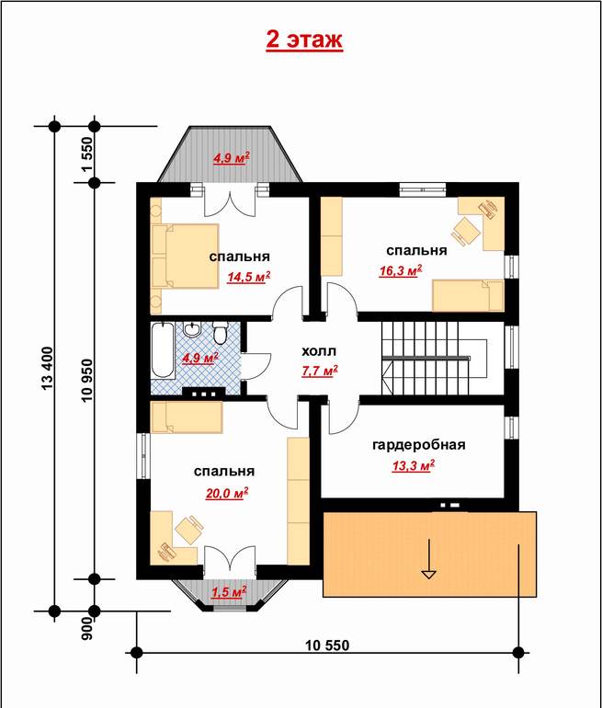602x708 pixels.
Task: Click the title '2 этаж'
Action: click(304, 40)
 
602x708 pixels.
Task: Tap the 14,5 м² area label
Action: click(249, 277)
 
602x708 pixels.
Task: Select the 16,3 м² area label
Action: click(401, 270)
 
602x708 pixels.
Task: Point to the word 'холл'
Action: click(319, 351)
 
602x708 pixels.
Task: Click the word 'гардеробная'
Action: click(419, 445)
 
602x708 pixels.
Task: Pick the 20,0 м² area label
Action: click(227, 493)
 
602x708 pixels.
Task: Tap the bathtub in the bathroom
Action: click(163, 350)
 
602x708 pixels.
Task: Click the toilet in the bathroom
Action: click(221, 333)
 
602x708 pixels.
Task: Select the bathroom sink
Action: click(193, 329)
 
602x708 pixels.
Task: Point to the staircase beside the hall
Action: click(434, 358)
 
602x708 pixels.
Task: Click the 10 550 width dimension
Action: click(327, 645)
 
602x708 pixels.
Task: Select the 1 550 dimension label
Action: click(87, 154)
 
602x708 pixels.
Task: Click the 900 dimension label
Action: click(86, 629)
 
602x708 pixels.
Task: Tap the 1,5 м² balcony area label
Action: click(229, 592)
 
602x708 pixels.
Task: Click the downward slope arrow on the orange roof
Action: click(428, 559)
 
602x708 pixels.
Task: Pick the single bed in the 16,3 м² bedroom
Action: click(468, 296)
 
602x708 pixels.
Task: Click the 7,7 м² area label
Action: click(320, 371)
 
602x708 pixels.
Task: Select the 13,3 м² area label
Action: click(414, 465)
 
